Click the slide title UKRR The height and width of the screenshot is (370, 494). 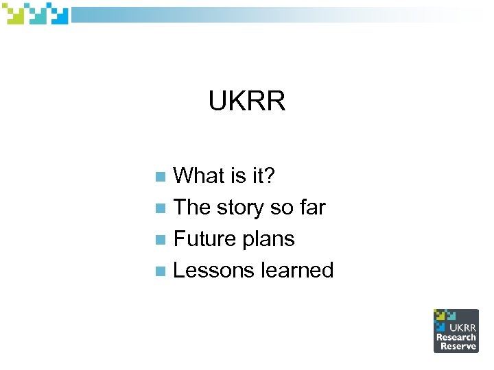247,102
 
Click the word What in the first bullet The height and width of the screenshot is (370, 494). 199,176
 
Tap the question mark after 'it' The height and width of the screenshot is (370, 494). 268,176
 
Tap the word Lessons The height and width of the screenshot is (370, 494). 214,271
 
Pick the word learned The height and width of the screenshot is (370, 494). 297,271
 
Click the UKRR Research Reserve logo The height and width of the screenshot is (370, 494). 456,330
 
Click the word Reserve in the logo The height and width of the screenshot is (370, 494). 458,346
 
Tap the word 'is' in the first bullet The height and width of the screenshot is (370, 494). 237,176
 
